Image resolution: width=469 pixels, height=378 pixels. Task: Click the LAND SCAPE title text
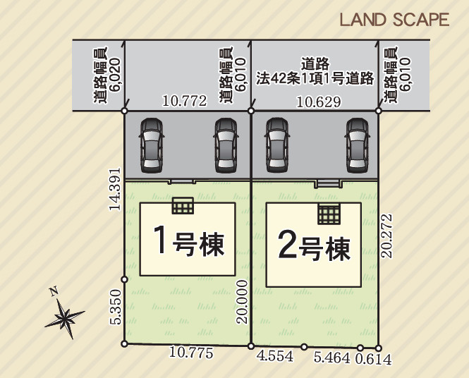pyautogui.click(x=394, y=20)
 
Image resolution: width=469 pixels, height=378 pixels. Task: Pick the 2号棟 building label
pyautogui.click(x=314, y=246)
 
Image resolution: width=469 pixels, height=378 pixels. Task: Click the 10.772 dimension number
pyautogui.click(x=184, y=102)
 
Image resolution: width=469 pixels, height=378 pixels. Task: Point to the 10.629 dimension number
pyautogui.click(x=319, y=102)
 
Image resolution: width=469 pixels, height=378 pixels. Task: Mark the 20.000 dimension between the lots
pyautogui.click(x=242, y=300)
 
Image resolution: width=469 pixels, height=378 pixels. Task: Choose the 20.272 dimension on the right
pyautogui.click(x=386, y=237)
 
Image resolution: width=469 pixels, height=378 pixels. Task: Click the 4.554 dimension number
pyautogui.click(x=275, y=357)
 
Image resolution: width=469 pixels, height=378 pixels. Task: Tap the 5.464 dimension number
pyautogui.click(x=331, y=358)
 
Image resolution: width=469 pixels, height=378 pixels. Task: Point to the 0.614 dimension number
pyautogui.click(x=373, y=358)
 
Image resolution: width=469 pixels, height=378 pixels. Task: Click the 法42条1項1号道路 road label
pyautogui.click(x=315, y=79)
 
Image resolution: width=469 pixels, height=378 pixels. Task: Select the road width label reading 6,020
pyautogui.click(x=101, y=75)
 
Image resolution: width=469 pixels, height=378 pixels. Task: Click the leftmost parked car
pyautogui.click(x=151, y=145)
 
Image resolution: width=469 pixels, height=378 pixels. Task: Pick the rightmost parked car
pyautogui.click(x=357, y=145)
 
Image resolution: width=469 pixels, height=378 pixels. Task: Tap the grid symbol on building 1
pyautogui.click(x=183, y=205)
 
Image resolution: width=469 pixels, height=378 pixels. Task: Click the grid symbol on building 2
pyautogui.click(x=329, y=212)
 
